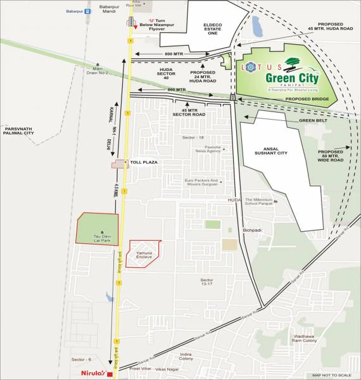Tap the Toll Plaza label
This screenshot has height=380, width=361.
144,163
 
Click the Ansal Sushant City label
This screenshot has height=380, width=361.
279,150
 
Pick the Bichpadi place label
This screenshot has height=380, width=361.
251,230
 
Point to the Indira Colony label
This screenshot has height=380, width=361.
186,356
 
